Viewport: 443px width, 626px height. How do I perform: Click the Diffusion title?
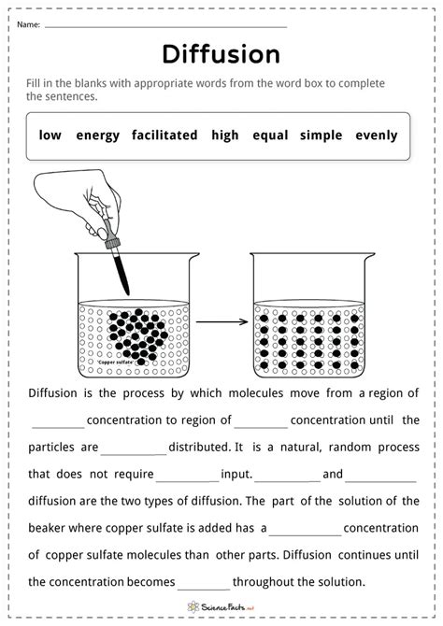[221, 54]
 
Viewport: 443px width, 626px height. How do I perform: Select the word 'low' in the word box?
[50, 135]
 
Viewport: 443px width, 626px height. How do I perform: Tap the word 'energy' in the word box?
[98, 135]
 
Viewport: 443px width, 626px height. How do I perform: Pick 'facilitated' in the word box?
[164, 135]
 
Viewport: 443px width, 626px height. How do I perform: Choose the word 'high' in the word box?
[225, 135]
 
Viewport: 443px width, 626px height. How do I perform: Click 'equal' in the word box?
[270, 135]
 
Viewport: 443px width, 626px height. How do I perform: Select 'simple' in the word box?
[322, 135]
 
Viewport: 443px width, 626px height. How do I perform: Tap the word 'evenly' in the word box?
[377, 135]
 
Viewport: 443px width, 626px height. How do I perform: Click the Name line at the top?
[165, 27]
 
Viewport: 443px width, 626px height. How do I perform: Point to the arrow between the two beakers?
[222, 321]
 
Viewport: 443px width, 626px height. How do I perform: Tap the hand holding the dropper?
[78, 200]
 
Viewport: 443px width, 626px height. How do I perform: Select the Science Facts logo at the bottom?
[221, 607]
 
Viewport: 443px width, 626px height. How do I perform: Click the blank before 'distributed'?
[134, 454]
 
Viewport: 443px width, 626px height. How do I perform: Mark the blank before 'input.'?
[187, 481]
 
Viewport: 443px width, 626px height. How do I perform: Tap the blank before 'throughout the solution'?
[204, 590]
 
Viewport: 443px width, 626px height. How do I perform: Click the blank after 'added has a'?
[306, 535]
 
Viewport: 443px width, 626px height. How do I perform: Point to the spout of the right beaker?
[369, 256]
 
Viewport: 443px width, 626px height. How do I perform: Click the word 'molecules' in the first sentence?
[256, 392]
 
